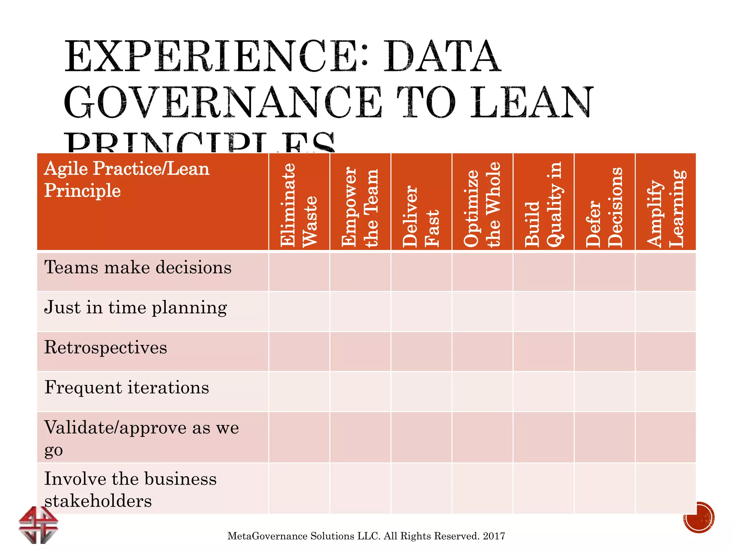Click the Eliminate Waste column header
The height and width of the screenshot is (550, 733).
299,205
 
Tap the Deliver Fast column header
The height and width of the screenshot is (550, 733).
421,216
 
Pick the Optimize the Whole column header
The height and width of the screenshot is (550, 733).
482,205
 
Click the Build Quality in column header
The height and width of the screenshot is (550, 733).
543,205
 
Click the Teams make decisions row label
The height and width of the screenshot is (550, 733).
138,267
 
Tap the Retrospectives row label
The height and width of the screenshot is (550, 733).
106,348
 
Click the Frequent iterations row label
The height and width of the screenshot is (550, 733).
127,388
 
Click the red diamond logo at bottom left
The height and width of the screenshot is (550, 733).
38,525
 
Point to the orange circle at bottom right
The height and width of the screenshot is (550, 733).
699,517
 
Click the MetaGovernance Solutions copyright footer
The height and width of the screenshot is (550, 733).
366,536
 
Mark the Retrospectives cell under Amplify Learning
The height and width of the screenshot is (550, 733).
665,351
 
